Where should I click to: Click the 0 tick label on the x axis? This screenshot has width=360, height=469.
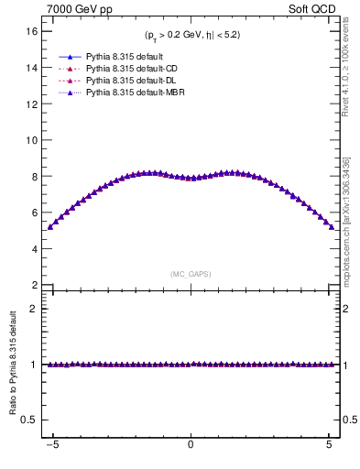[191, 446]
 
